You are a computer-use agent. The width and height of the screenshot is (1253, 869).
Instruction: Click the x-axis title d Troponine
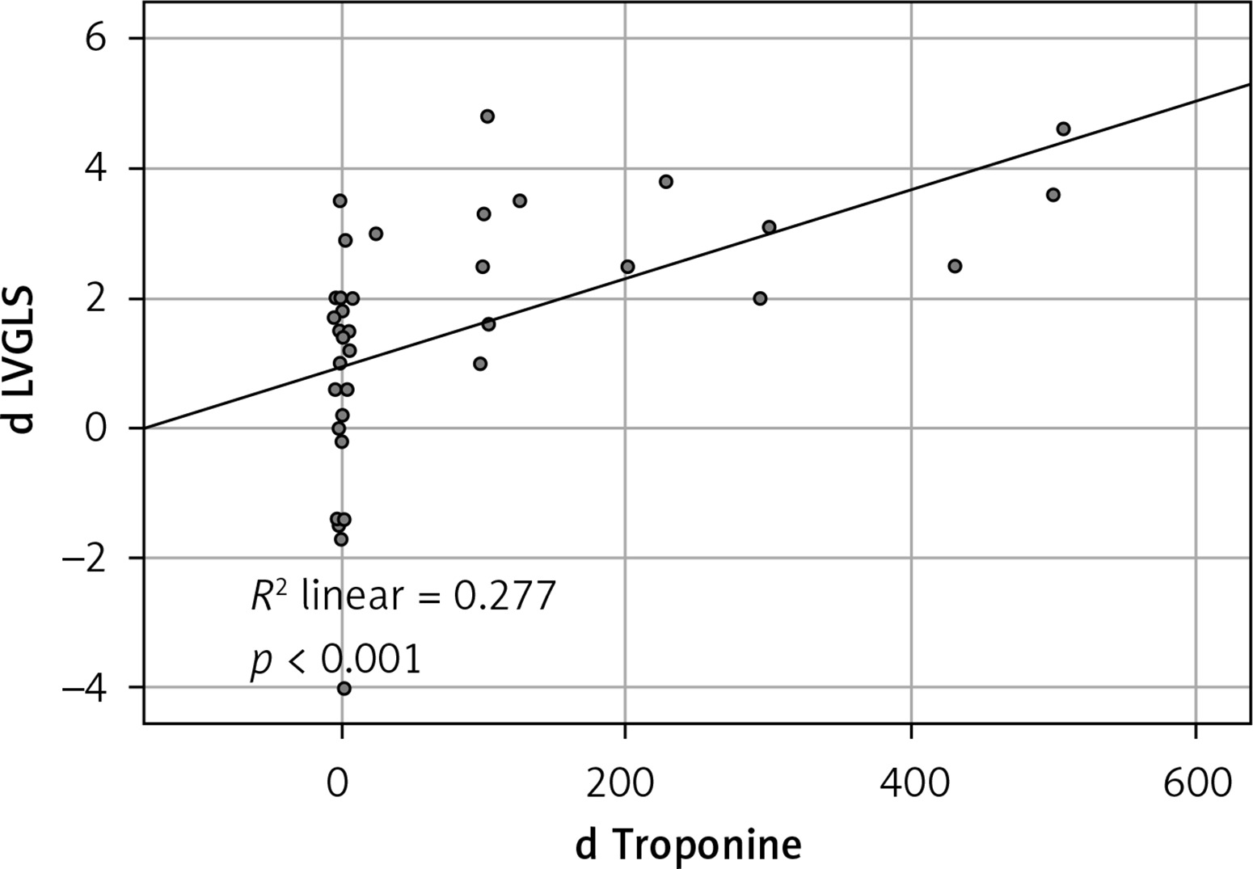click(689, 845)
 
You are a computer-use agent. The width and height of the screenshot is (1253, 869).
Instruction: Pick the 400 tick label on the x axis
click(910, 783)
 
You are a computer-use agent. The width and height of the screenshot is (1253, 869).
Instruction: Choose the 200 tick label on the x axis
click(624, 783)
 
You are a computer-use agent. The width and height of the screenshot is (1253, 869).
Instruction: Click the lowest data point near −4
click(344, 688)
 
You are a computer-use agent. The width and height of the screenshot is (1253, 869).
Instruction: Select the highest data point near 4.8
click(487, 116)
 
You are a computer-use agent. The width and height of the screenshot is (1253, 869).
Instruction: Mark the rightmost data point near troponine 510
click(1063, 129)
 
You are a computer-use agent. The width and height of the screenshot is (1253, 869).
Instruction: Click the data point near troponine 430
click(955, 266)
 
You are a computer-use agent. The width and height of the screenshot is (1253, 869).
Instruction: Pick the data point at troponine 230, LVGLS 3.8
click(666, 181)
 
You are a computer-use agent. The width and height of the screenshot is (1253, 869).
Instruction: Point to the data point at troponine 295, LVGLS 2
click(760, 298)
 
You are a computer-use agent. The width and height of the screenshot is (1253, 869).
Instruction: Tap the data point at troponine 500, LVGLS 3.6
click(1053, 195)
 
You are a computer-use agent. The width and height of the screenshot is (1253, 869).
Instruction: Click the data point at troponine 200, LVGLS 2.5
click(627, 267)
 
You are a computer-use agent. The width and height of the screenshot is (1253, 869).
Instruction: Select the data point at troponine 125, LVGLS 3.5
click(520, 200)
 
